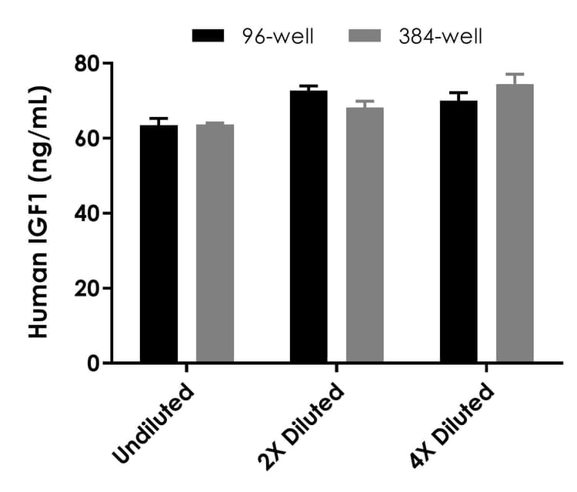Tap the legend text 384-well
pyautogui.click(x=440, y=36)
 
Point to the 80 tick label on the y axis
pyautogui.click(x=86, y=63)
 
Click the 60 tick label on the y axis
pyautogui.click(x=86, y=139)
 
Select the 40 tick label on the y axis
pyautogui.click(x=86, y=213)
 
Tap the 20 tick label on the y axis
pyautogui.click(x=86, y=289)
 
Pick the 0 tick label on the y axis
pyautogui.click(x=94, y=363)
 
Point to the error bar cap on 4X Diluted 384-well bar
pyautogui.click(x=515, y=75)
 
